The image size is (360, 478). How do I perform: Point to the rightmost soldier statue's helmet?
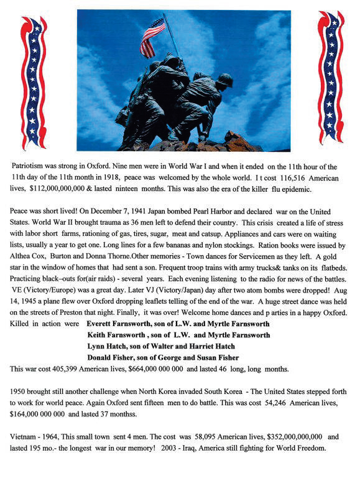pos(224,80)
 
